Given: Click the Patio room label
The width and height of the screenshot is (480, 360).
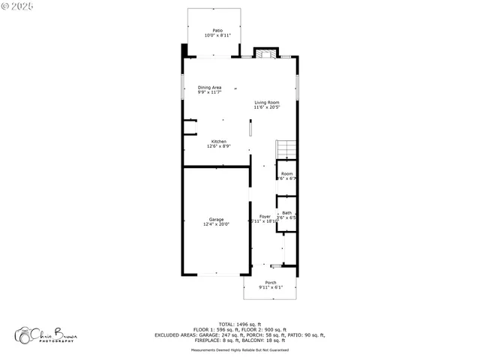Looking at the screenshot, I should pyautogui.click(x=217, y=31).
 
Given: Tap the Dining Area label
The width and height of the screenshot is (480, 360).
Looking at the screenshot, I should pyautogui.click(x=209, y=87).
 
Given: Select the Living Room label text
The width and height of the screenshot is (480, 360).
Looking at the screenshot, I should pyautogui.click(x=267, y=102).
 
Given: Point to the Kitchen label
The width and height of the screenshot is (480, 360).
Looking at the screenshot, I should pyautogui.click(x=218, y=141).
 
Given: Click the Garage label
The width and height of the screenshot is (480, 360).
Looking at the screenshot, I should pyautogui.click(x=216, y=219).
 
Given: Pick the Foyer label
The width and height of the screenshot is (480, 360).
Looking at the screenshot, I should pyautogui.click(x=265, y=216).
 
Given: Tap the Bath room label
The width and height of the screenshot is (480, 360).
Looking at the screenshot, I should pyautogui.click(x=286, y=213).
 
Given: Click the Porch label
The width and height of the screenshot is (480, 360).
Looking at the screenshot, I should pyautogui.click(x=270, y=283).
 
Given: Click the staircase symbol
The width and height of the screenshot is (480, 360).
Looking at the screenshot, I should pyautogui.click(x=286, y=149).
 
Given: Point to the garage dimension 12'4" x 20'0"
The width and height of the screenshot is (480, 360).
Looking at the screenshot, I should pyautogui.click(x=216, y=224).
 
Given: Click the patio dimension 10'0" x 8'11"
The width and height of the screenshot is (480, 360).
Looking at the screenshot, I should pyautogui.click(x=217, y=35).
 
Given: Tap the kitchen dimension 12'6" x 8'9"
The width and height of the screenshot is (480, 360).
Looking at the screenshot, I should pyautogui.click(x=218, y=146).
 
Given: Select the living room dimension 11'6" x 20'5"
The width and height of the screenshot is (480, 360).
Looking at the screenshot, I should pyautogui.click(x=267, y=107).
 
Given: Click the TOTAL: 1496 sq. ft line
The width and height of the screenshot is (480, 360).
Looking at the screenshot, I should pyautogui.click(x=240, y=324).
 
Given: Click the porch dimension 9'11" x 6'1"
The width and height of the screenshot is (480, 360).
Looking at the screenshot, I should pyautogui.click(x=270, y=287).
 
